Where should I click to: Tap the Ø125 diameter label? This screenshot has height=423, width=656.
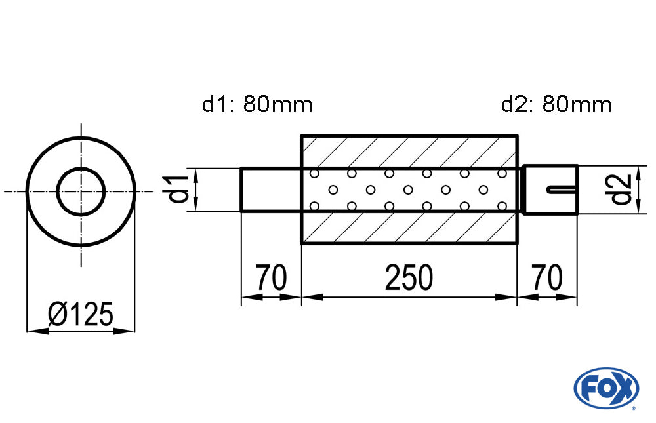click(x=81, y=315)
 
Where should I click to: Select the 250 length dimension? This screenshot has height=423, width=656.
click(x=409, y=278)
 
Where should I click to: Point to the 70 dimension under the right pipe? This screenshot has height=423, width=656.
click(x=547, y=278)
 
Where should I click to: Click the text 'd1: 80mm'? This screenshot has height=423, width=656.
click(x=257, y=104)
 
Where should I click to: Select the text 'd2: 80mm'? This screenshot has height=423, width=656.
click(x=556, y=104)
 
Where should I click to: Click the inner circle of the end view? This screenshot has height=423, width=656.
click(x=81, y=191)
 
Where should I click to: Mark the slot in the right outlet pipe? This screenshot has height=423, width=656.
click(x=562, y=190)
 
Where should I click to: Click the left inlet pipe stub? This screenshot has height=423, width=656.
click(x=271, y=190)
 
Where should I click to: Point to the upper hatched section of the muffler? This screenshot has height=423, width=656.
click(x=409, y=151)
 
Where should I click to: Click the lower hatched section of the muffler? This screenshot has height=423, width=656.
click(x=409, y=228)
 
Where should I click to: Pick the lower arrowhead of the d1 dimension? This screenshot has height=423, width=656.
click(x=195, y=206)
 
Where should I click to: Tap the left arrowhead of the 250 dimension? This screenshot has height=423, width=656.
click(x=309, y=297)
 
